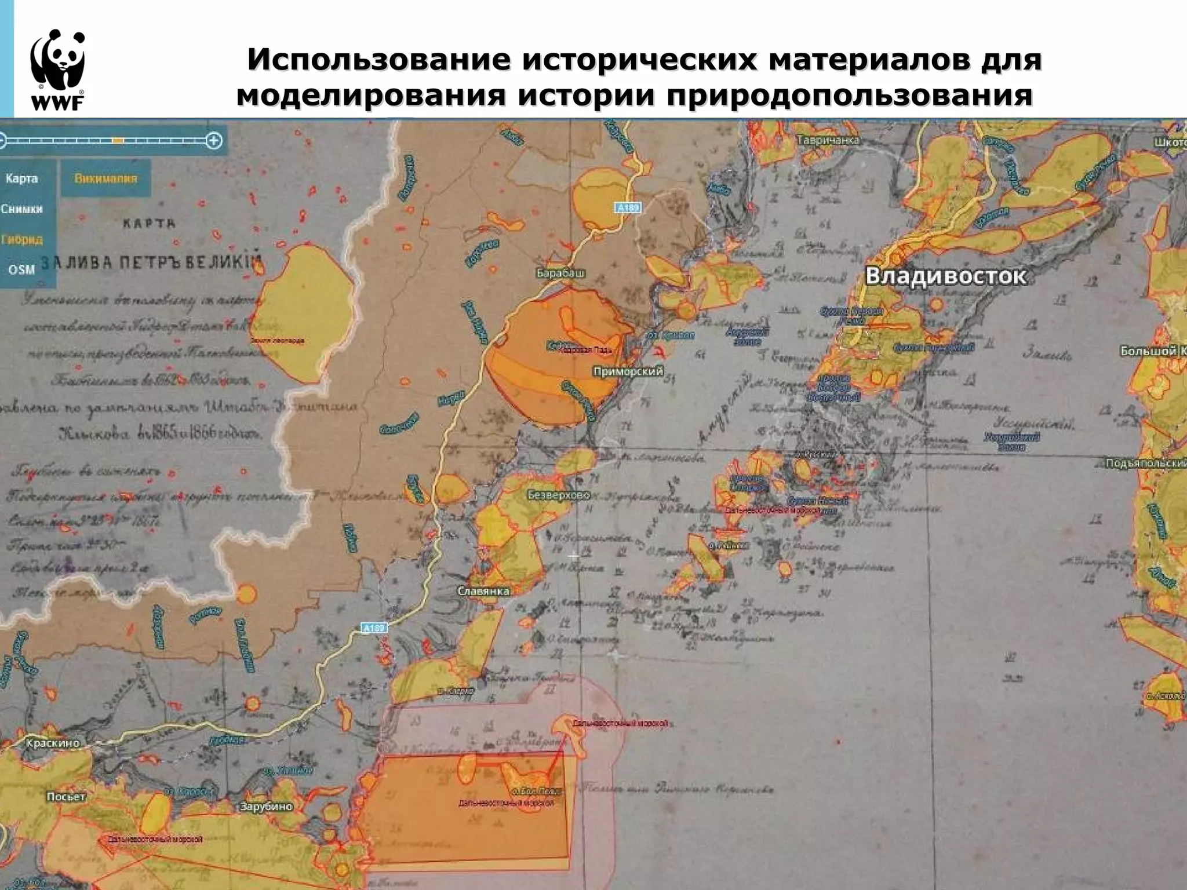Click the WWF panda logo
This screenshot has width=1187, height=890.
click(x=58, y=68)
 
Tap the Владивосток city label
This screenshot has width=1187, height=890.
click(x=945, y=276)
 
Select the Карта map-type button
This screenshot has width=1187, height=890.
click(x=22, y=178)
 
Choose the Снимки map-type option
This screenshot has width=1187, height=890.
click(x=22, y=209)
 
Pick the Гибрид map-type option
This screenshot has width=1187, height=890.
click(x=22, y=239)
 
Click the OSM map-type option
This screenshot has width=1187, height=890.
click(x=22, y=269)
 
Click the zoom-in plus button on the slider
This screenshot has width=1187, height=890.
click(x=214, y=140)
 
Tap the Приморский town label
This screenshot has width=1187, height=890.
click(x=628, y=371)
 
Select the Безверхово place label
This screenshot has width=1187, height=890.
click(x=559, y=495)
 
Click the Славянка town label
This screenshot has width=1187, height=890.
click(x=483, y=591)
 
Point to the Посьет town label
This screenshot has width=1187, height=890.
click(x=66, y=797)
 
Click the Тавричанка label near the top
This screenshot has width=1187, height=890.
click(x=828, y=140)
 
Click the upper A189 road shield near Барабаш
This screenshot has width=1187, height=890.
click(x=627, y=207)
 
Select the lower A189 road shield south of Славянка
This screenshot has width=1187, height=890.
click(x=374, y=628)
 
